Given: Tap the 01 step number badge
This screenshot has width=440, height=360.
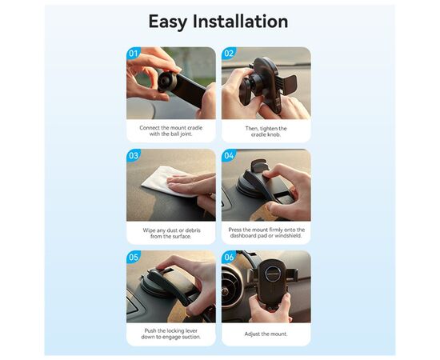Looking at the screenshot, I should click(134, 54).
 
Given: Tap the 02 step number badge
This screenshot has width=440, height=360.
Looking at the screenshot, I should click(230, 54).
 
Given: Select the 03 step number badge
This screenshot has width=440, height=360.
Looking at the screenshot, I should click(134, 156).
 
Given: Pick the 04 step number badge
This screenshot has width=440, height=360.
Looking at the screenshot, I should click(230, 156).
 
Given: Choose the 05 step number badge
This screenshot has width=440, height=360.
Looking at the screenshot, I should click(134, 258).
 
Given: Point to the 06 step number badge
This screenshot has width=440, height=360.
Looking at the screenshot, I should click(230, 258).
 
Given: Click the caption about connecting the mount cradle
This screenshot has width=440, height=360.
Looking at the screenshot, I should click(170, 131).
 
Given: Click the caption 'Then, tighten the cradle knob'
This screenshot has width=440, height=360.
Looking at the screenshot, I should click(266, 131).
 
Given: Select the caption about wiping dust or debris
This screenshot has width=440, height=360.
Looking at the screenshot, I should click(170, 234).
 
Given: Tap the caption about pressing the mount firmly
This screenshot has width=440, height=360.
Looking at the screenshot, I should click(266, 234).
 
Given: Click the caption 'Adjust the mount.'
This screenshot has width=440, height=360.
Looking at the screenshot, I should click(266, 333).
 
